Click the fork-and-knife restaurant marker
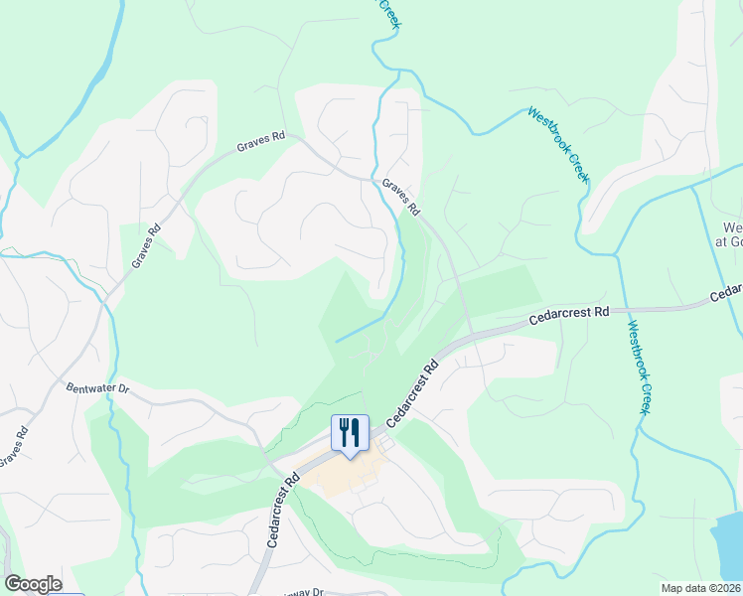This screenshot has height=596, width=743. pos(350,433)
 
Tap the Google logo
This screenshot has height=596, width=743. pos(33,584)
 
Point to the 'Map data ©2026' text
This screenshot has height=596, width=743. pos(700,588)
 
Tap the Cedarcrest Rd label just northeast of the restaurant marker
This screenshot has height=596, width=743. pos(412,394)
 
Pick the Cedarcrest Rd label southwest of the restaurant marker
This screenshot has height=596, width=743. pos(283,512)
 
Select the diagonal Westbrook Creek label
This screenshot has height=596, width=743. pos(558,145)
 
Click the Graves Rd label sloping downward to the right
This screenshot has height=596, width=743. pos(401,198)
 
